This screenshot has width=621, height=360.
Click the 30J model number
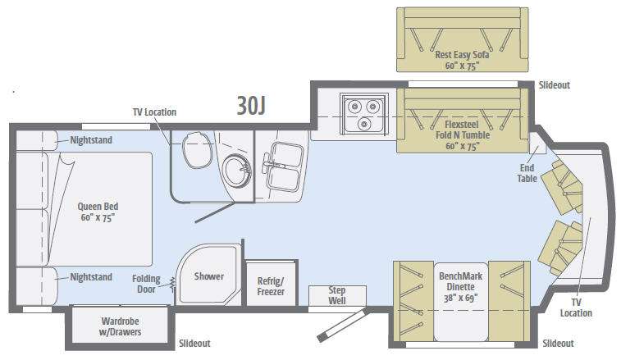click(251, 105)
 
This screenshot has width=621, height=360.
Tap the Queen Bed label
click(98, 212)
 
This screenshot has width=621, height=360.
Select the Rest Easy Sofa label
click(462, 60)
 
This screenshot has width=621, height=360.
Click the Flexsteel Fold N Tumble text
click(463, 135)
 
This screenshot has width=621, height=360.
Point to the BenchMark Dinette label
click(460, 287)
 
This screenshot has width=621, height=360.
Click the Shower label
click(208, 276)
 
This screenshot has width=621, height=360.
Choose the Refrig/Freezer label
click(271, 286)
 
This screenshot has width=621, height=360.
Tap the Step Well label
click(337, 295)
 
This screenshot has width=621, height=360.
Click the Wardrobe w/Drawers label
click(120, 326)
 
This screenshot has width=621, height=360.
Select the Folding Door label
click(146, 284)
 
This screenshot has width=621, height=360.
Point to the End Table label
click(527, 173)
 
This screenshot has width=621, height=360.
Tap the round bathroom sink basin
click(236, 171)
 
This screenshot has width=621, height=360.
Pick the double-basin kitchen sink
click(284, 166)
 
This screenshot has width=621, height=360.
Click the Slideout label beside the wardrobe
click(194, 343)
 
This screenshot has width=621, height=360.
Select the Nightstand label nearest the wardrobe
click(91, 277)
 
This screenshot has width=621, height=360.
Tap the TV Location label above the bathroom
click(154, 112)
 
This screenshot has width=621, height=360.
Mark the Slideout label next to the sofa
click(554, 84)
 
